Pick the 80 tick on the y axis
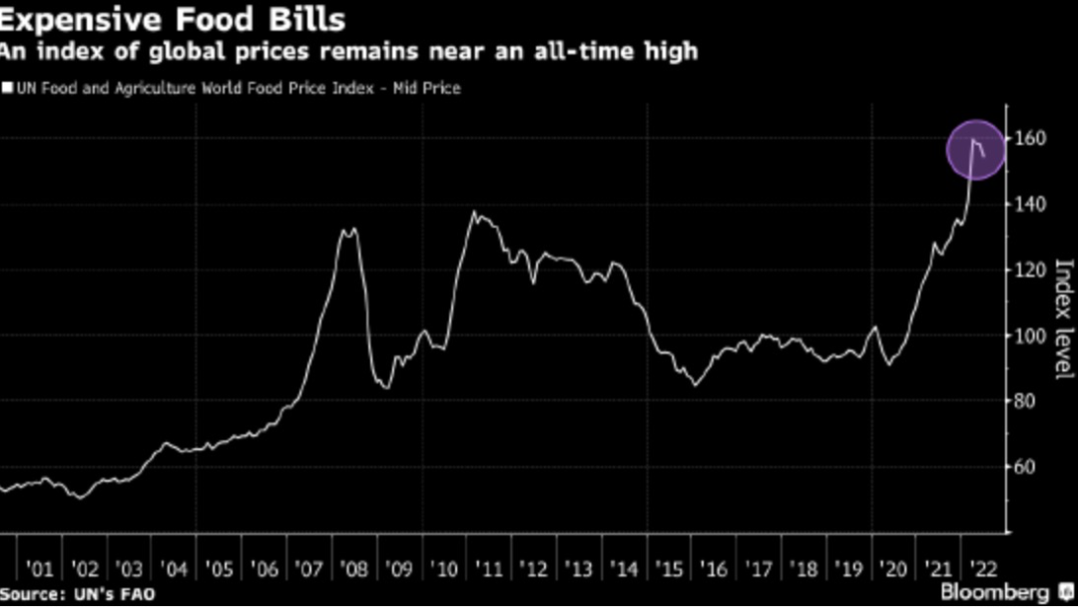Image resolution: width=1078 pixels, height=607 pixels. pyautogui.click(x=1029, y=401)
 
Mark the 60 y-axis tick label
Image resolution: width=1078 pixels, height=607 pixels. pyautogui.click(x=1029, y=467)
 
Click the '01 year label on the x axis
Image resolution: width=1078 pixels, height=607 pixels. pyautogui.click(x=40, y=569)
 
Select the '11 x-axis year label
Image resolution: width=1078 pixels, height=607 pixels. pyautogui.click(x=489, y=569)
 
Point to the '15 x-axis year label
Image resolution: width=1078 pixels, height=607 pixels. pyautogui.click(x=669, y=569)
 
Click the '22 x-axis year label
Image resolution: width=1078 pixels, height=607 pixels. pyautogui.click(x=980, y=569)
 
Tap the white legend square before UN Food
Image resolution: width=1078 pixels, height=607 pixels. pyautogui.click(x=7, y=88)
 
